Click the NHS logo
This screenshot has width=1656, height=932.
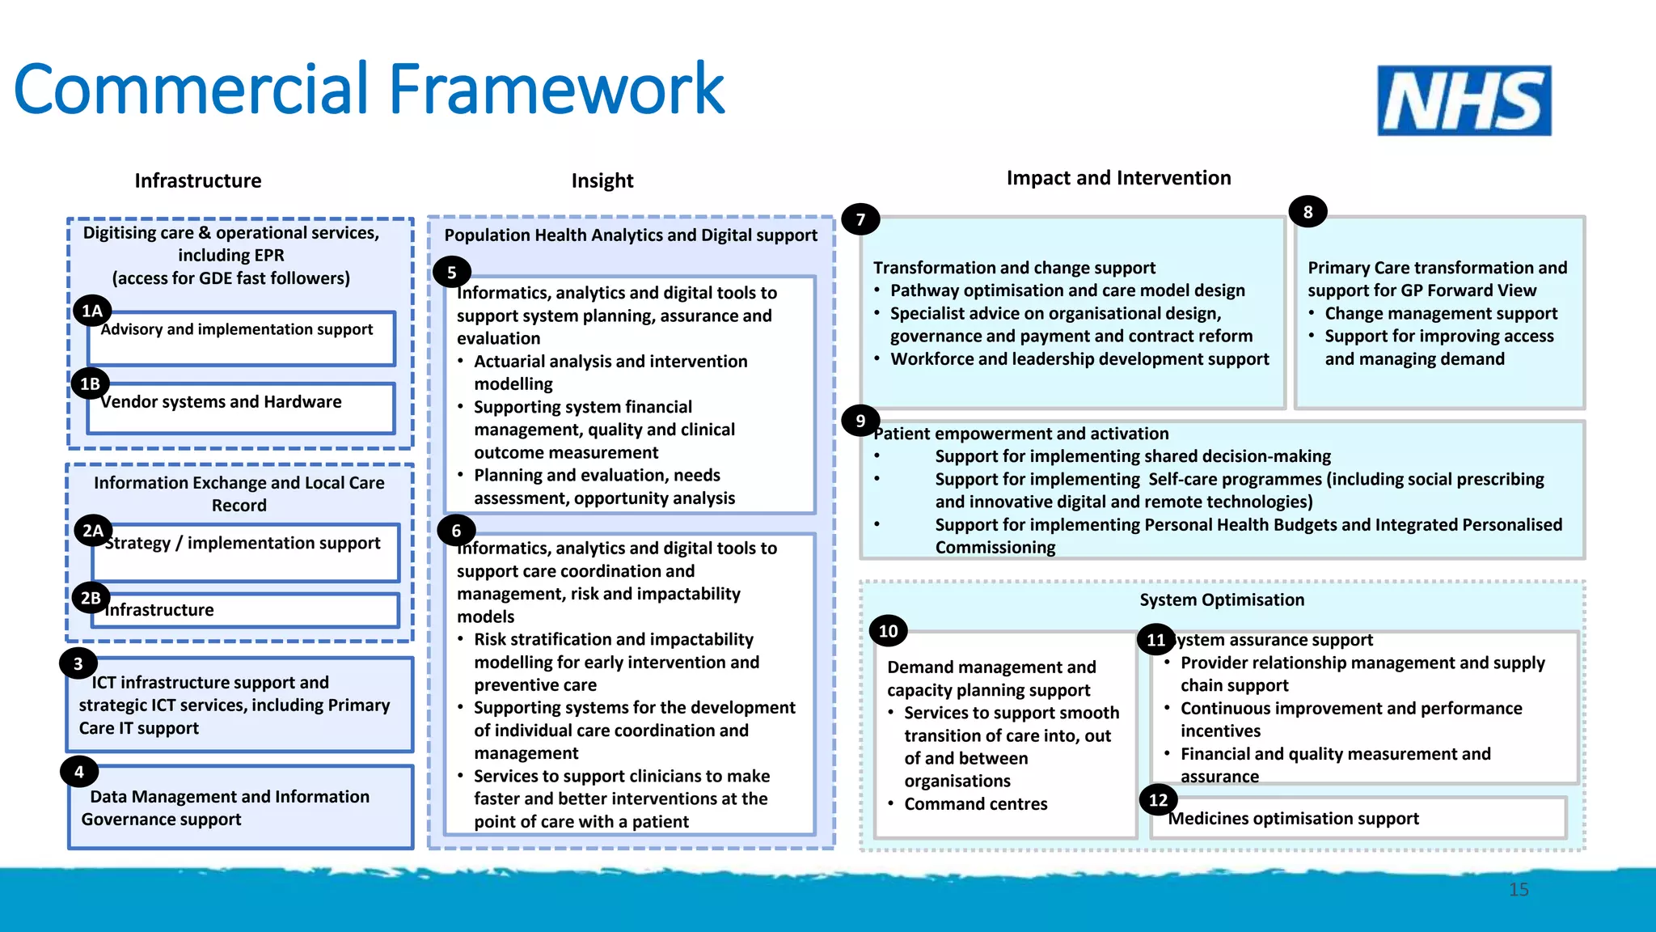coord(1464,100)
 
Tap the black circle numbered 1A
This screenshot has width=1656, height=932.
coord(92,311)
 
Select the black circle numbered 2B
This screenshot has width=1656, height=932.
coord(91,599)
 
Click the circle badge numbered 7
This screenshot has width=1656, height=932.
coord(860,219)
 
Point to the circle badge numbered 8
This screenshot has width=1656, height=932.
coord(1307,212)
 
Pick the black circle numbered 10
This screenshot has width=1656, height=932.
coord(888,631)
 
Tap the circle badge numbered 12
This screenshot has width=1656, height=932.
coord(1158,800)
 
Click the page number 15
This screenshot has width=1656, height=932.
coord(1519,890)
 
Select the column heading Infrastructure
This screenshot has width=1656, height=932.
coord(198,180)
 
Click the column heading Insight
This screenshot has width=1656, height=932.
coord(602,180)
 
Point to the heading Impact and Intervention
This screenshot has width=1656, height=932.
coord(1118,178)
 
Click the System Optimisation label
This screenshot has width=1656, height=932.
coord(1222,599)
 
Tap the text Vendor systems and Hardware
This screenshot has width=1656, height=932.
coord(222,402)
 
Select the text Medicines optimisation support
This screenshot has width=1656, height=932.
coord(1294,819)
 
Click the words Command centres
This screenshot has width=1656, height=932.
coord(975,804)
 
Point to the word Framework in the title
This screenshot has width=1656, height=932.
coord(557,89)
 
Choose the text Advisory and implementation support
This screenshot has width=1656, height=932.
coord(237,329)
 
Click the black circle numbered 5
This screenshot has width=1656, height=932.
coord(452,273)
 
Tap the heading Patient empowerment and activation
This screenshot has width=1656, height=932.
coord(1021,434)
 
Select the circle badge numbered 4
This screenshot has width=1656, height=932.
coord(79,772)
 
